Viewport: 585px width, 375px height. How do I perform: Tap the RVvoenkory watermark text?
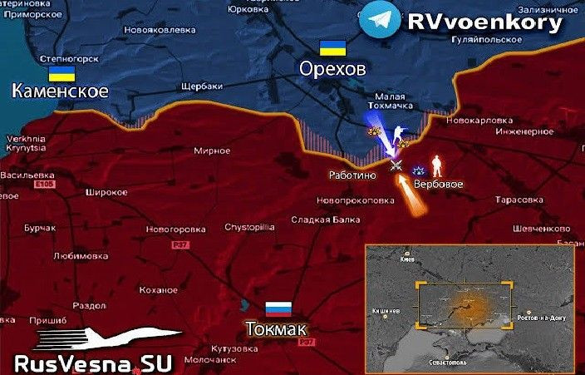pos(484,22)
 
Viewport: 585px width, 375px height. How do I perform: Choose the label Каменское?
pos(60,91)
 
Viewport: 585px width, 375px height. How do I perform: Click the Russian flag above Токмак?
pos(278,308)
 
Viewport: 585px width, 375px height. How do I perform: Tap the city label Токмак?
pos(277,328)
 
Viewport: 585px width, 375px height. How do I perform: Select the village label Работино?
pos(352,175)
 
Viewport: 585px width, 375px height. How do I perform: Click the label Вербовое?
pos(438,183)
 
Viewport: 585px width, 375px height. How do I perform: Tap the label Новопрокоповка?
pos(355,200)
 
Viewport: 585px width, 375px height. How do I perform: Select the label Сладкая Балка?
pos(325,220)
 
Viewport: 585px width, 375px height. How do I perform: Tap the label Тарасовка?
pos(519,200)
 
